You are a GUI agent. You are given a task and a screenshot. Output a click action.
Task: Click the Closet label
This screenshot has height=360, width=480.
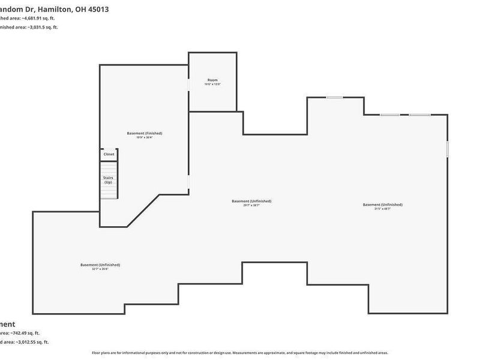click(109, 154)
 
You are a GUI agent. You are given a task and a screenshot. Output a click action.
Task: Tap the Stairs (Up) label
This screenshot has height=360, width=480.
click(109, 179)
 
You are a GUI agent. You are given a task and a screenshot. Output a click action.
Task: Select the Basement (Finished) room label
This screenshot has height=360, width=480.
click(145, 133)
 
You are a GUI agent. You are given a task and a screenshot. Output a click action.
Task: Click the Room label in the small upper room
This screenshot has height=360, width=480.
click(212, 80)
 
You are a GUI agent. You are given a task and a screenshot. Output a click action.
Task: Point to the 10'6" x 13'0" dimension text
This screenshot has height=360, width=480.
click(212, 85)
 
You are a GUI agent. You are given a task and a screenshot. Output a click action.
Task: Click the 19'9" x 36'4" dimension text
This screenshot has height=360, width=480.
click(145, 138)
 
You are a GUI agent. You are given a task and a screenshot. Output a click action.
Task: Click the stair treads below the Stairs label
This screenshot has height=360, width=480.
click(109, 192)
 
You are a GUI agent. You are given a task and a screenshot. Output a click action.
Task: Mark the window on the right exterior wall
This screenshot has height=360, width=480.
click(447, 148)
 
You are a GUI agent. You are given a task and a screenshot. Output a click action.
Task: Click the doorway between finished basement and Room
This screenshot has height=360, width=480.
click(189, 85)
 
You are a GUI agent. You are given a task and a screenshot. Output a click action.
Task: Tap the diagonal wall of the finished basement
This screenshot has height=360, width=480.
click(144, 210)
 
